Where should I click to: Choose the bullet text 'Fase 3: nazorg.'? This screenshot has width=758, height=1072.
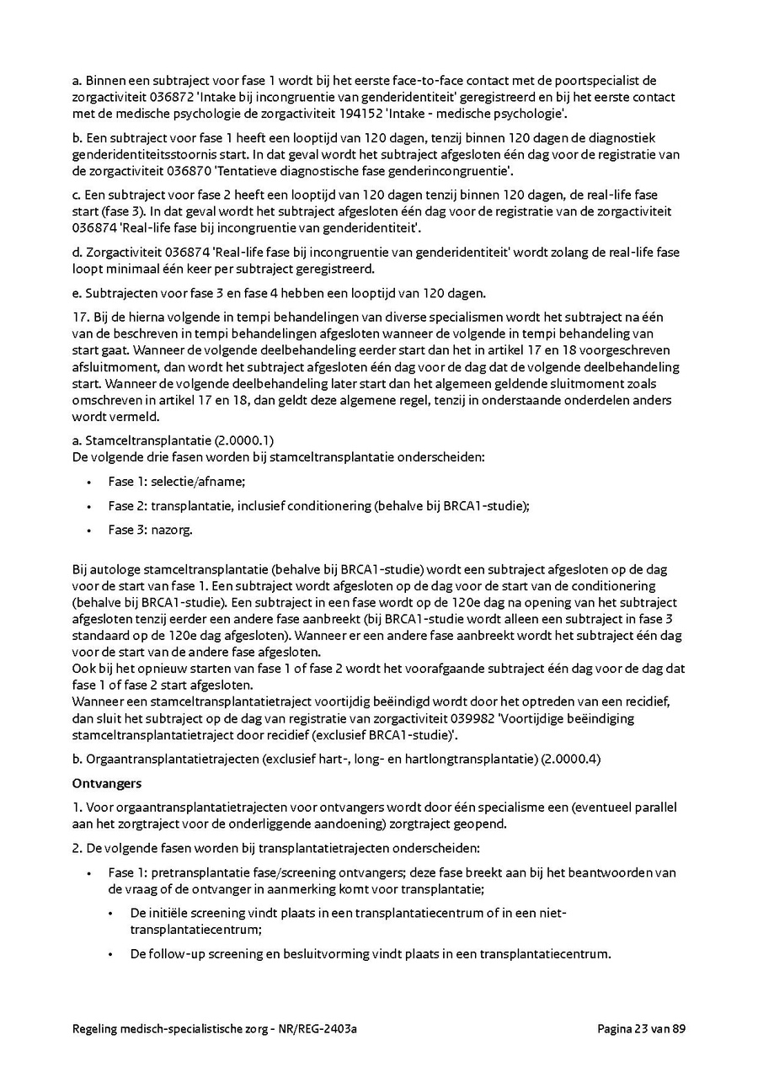(150, 530)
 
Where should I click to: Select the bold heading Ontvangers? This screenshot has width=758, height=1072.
(106, 783)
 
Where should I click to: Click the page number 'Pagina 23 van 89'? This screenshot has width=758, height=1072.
(641, 1028)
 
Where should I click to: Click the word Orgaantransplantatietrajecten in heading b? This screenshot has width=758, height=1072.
(172, 760)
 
